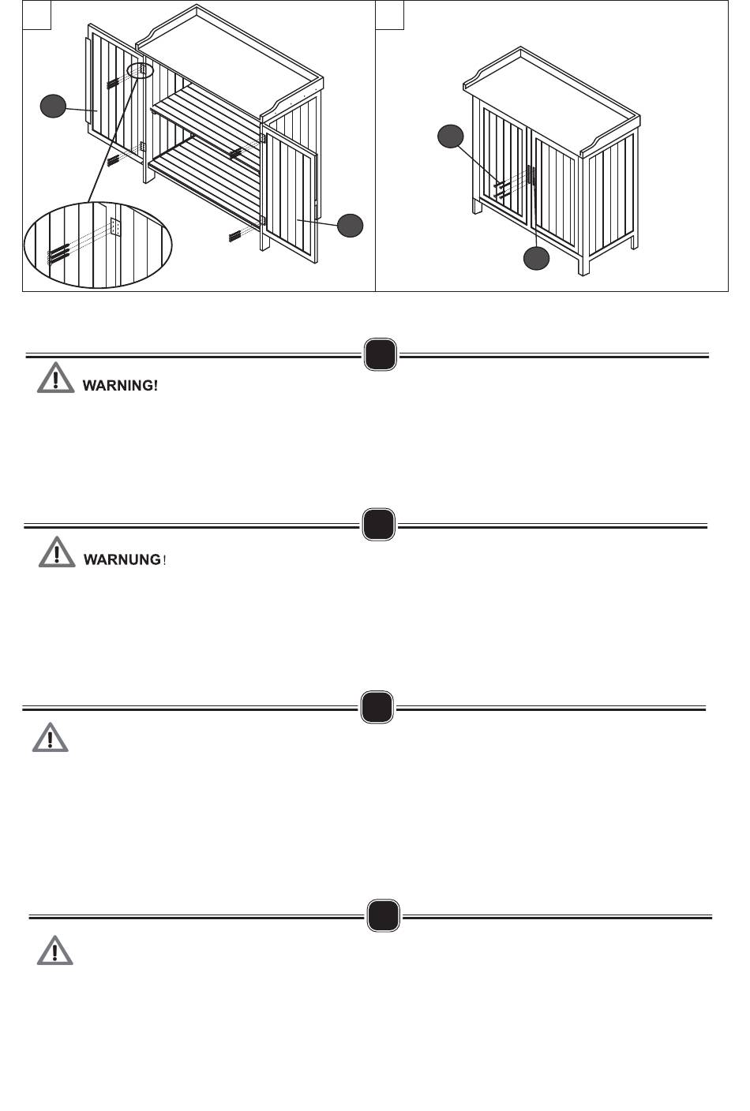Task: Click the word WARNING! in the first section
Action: pos(120,385)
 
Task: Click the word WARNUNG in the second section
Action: pos(122,559)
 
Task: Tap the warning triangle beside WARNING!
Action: pos(55,378)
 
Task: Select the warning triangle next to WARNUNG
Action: pos(57,552)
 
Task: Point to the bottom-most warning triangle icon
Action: pos(55,950)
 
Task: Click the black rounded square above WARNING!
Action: pos(381,354)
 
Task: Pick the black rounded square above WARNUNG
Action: pos(379,524)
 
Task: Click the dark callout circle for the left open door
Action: pos(53,107)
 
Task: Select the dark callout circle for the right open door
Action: pos(350,225)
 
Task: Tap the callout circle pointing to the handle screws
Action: pos(451,137)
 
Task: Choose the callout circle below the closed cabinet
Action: pos(537,258)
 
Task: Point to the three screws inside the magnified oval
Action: pos(58,253)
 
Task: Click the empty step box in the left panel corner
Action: pos(37,15)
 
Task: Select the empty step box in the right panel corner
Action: pos(390,15)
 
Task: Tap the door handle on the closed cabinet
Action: pos(531,175)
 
